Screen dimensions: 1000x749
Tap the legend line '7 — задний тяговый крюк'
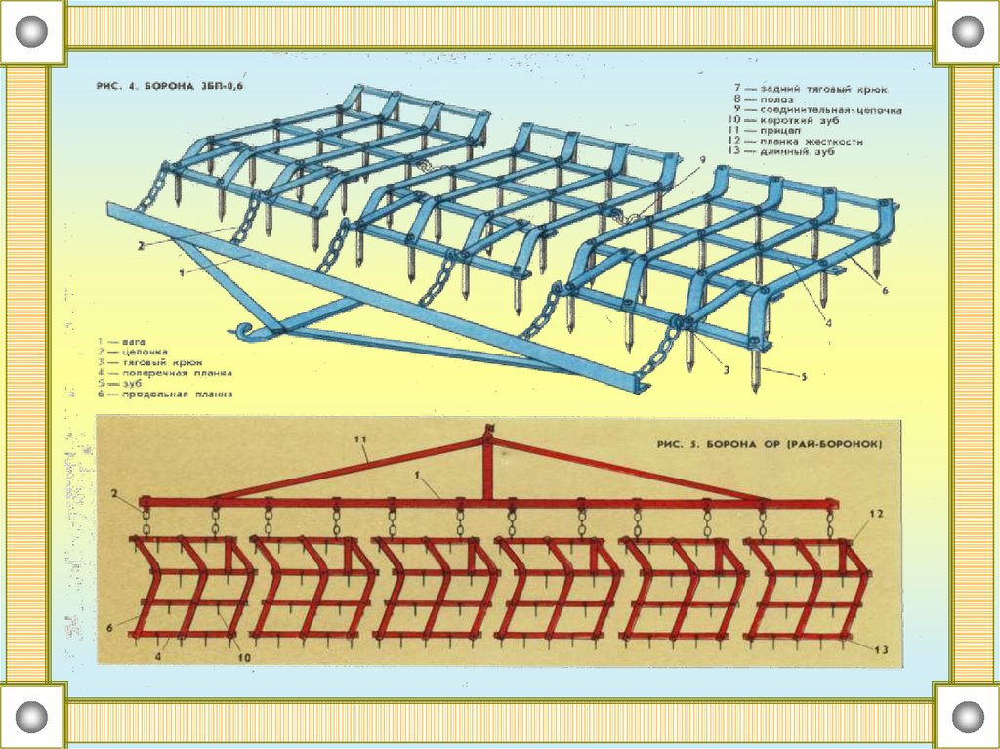[811, 89]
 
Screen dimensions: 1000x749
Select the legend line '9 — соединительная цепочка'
[818, 110]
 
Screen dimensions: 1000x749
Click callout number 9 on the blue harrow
[701, 157]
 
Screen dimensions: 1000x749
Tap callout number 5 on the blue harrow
[805, 377]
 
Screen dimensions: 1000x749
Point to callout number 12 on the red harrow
[876, 514]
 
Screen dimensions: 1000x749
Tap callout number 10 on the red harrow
[244, 658]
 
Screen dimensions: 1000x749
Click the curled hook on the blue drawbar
[245, 330]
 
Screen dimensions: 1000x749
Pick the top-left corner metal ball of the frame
[31, 31]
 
